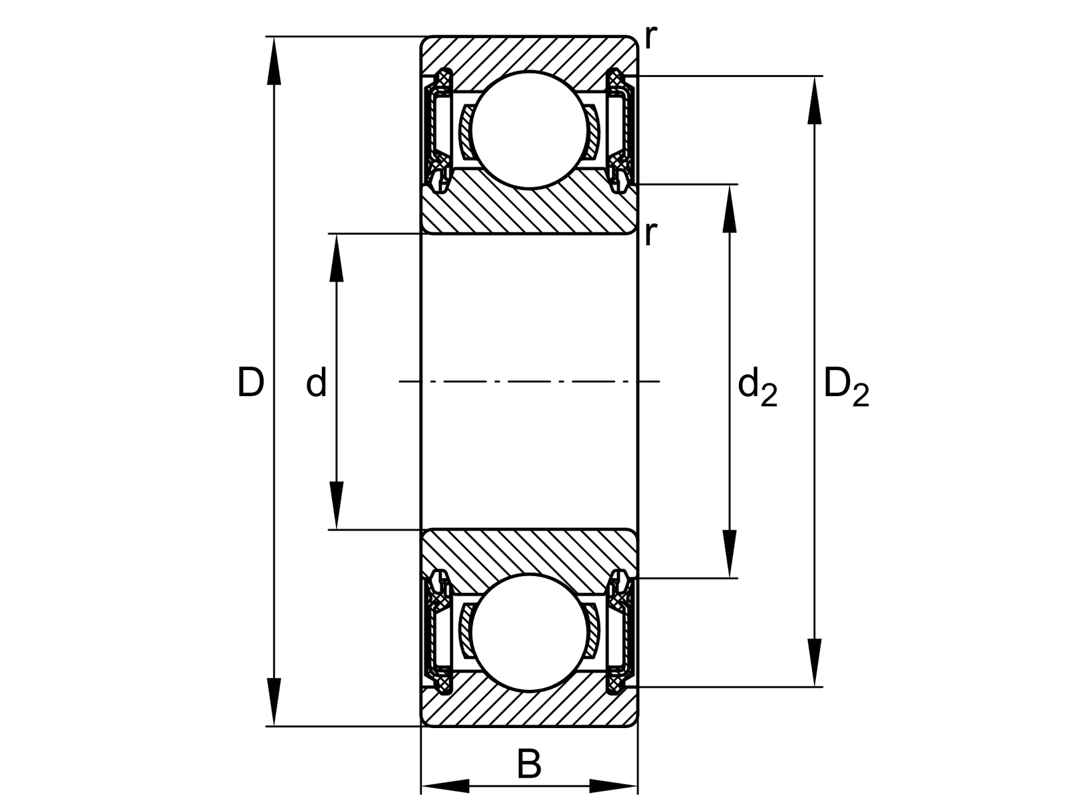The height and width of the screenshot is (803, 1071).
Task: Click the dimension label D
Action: [251, 383]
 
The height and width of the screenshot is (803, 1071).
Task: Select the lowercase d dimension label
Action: [316, 383]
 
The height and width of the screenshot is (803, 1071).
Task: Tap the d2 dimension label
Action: [757, 387]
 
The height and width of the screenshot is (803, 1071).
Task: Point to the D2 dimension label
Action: [846, 387]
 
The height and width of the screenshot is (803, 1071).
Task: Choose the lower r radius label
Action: [651, 234]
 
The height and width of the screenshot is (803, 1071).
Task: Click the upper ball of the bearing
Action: [529, 130]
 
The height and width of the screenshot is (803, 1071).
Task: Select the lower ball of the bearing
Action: [529, 632]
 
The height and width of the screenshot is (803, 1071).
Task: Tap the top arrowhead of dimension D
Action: [274, 61]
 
